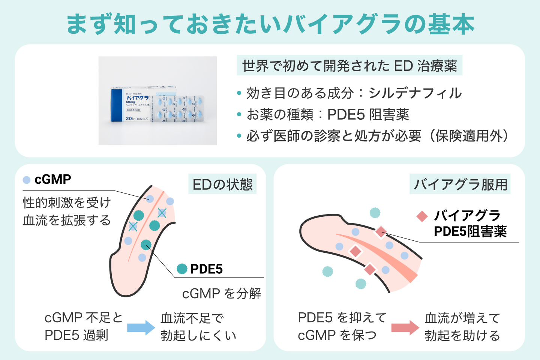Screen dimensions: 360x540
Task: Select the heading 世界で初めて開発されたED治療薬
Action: pos(349,66)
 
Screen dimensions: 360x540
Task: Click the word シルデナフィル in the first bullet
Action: pos(415,93)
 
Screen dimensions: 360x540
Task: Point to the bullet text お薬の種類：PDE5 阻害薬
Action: pos(327,115)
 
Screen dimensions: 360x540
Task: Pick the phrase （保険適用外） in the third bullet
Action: pos(469,136)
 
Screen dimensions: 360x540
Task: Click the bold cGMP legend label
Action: pos(52,180)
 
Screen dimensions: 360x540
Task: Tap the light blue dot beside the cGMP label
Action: pos(27,180)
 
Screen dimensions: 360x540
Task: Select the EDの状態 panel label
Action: pos(222,184)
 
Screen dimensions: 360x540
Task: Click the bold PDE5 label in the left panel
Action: pos(206,269)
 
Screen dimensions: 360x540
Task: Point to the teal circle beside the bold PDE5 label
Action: pos(182,269)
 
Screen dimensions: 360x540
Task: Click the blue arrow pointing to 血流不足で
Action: pos(141,327)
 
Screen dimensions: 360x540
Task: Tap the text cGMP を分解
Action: pos(222,294)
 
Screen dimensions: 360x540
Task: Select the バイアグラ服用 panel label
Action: pos(460,184)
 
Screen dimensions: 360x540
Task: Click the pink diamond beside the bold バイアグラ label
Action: pos(422,216)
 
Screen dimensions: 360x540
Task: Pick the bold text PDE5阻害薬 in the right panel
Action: pos(470,232)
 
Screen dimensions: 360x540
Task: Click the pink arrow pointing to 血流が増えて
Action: pos(405,327)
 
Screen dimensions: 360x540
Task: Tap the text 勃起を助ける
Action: pos(462,335)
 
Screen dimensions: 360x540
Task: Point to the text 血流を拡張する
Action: pos(67,220)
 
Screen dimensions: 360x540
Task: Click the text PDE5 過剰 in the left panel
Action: pos(76,335)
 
